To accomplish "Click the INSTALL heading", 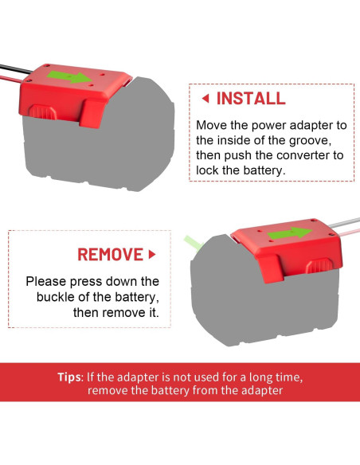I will click(x=251, y=100).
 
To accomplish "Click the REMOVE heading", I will click(x=111, y=255).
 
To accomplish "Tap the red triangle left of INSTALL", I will click(x=205, y=100).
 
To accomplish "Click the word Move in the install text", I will click(x=213, y=126).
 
